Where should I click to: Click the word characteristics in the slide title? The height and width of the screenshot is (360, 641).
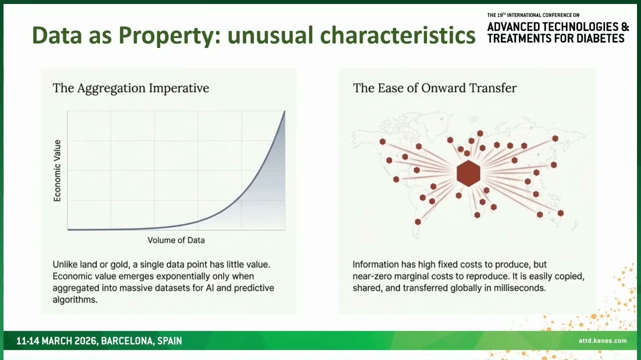coord(398,35)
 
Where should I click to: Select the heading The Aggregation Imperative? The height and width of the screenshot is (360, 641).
coord(131,88)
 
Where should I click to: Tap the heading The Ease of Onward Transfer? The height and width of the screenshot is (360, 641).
coord(434,88)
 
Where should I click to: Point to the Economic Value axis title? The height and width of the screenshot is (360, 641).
coord(57,170)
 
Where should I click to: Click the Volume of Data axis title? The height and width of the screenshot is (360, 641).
coord(176,240)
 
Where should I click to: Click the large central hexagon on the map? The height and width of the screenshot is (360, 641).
coord(468,173)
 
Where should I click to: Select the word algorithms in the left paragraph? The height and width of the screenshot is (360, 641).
coord(75,299)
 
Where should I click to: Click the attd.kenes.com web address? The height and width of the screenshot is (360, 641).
coord(602,340)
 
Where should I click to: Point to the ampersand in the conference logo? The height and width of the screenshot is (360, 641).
coord(625,26)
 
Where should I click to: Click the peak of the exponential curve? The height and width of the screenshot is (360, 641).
coord(284,111)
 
